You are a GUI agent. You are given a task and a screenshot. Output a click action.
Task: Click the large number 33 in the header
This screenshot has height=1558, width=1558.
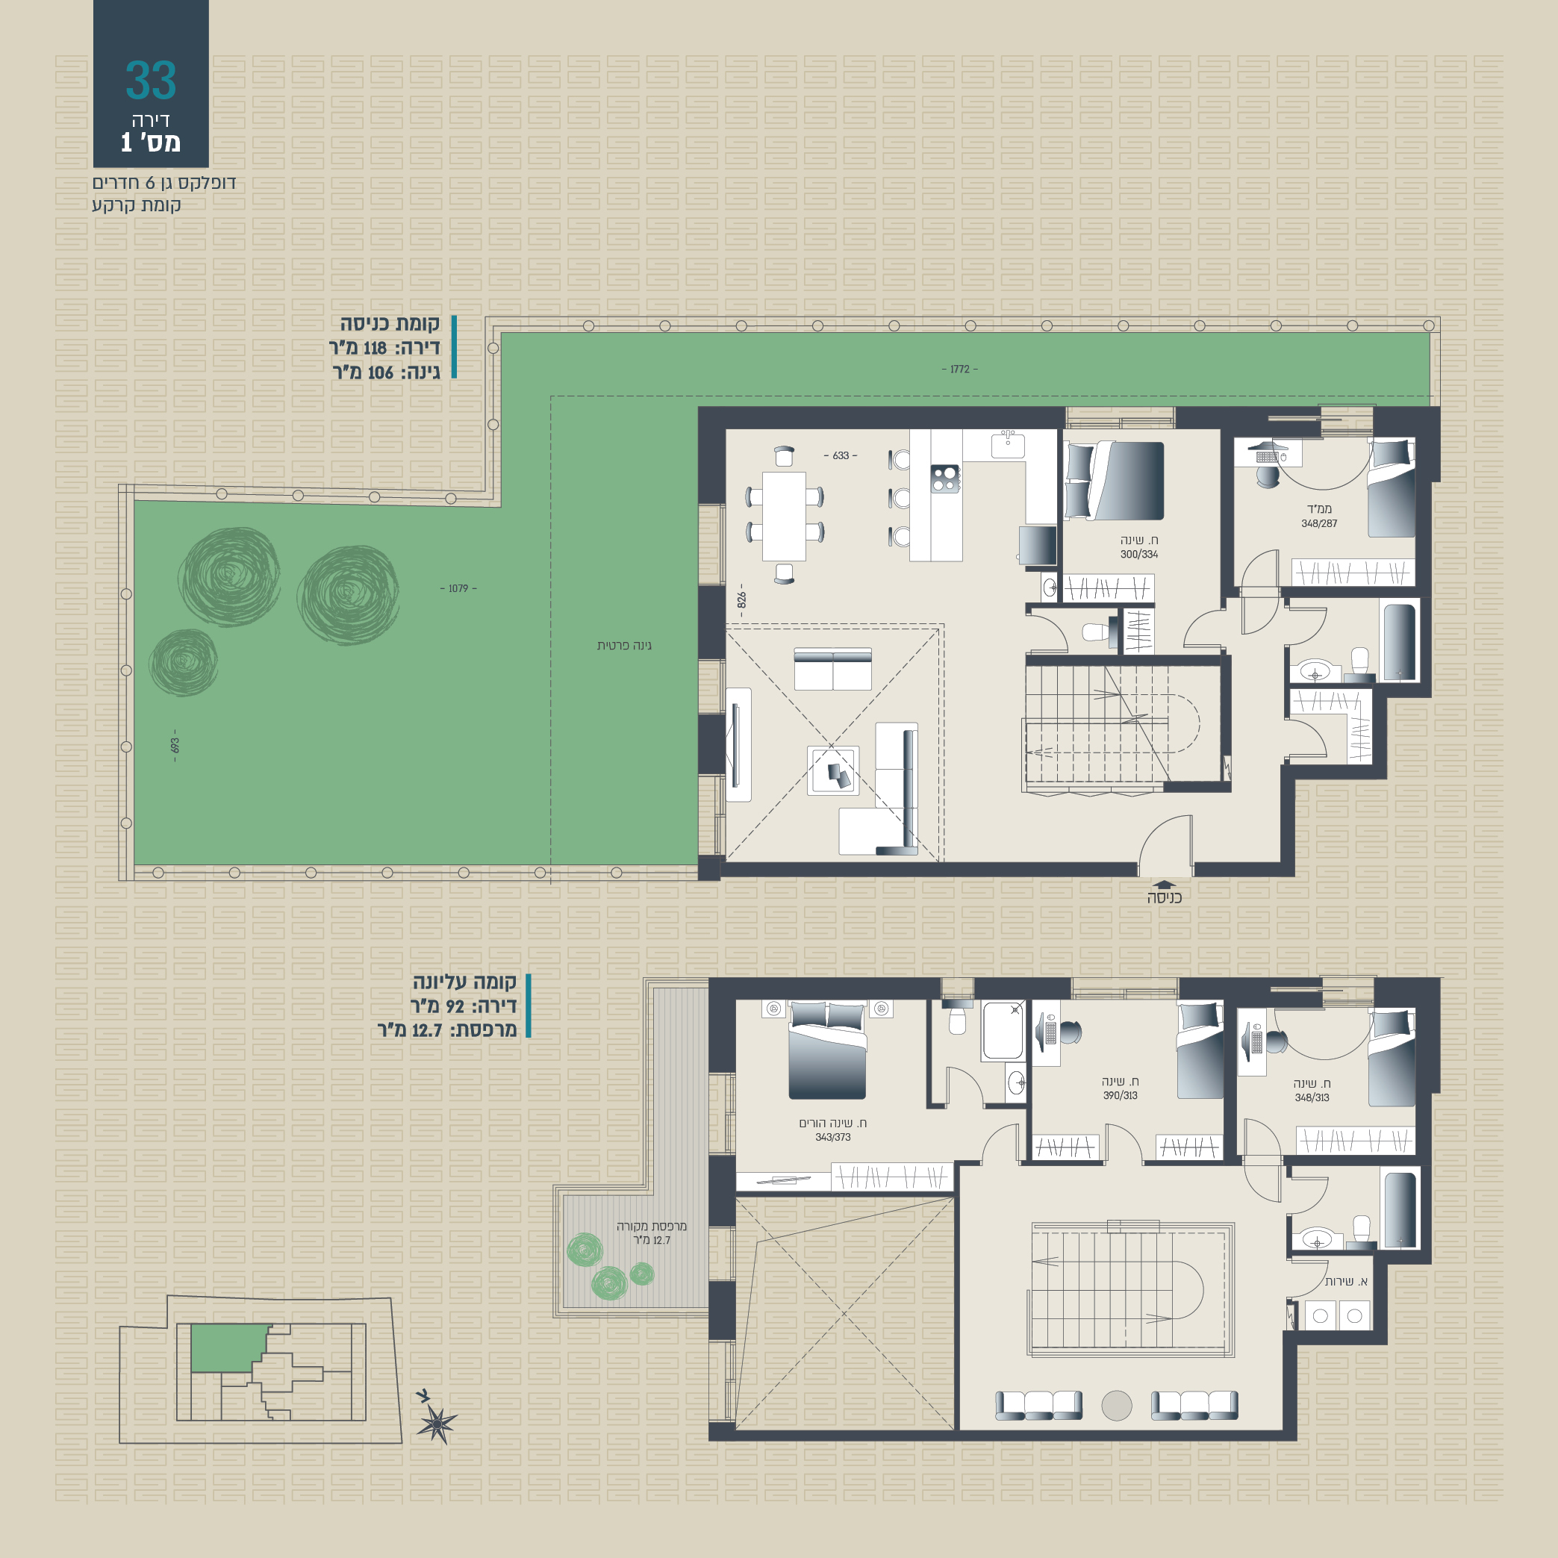[151, 80]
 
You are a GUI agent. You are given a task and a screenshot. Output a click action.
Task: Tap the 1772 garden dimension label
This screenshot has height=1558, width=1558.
[959, 370]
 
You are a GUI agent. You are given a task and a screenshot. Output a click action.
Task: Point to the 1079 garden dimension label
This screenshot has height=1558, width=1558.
[458, 589]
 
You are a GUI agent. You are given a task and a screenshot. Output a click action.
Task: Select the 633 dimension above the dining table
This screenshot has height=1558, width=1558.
[841, 455]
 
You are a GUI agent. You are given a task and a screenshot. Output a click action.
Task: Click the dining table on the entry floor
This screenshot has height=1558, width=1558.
[784, 516]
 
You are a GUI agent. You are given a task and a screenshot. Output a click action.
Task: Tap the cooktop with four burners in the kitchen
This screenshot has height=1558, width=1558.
[945, 479]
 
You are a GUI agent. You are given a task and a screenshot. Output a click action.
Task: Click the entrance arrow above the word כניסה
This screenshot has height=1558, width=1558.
[1165, 885]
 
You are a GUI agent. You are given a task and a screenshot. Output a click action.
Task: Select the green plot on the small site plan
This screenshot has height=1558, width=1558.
[228, 1347]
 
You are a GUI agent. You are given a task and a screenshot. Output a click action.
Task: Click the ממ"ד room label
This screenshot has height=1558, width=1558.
[1319, 509]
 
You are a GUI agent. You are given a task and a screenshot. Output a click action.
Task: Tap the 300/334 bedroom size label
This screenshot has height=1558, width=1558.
[1138, 554]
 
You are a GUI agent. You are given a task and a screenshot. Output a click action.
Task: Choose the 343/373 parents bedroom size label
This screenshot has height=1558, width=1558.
[832, 1137]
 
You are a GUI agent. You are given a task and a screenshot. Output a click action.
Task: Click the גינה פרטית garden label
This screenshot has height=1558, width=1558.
[624, 645]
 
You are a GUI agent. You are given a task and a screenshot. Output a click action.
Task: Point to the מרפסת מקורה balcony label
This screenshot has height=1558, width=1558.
[652, 1227]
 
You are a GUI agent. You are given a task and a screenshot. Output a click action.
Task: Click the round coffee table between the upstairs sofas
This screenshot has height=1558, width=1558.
[1117, 1406]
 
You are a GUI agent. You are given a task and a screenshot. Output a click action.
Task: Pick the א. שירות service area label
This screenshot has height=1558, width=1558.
[1346, 1281]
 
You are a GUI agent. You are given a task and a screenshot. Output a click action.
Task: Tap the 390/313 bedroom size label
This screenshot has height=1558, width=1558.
[1120, 1095]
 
